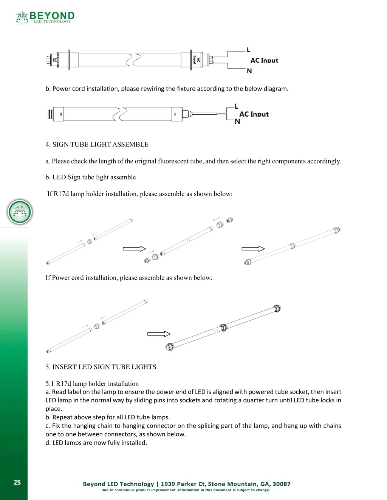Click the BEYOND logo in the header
45,17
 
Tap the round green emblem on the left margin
20,212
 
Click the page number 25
17,483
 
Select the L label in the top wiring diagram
248,50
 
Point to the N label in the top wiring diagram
249,71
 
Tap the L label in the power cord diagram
236,106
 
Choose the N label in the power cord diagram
237,122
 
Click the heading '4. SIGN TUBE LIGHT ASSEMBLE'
97,145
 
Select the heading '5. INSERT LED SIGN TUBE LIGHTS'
101,367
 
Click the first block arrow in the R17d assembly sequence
134,249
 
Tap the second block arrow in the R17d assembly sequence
253,249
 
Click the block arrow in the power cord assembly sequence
159,334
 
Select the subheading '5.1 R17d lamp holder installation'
92,383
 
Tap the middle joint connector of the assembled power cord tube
223,328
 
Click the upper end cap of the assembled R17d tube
337,230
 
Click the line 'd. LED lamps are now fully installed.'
96,443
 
